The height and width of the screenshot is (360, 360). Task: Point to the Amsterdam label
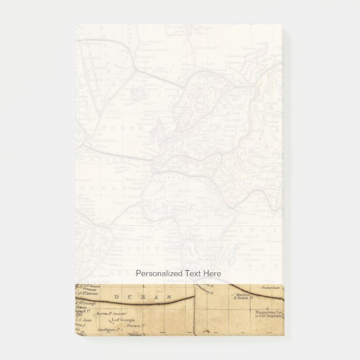(271, 291)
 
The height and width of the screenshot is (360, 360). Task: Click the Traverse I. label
(129, 325)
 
